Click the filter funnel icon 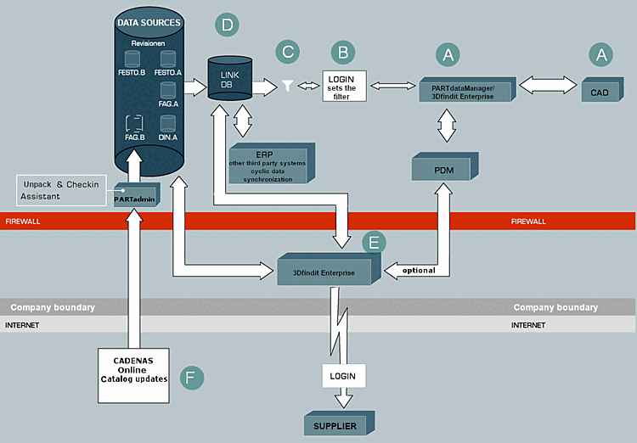point(287,86)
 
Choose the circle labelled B point(343,53)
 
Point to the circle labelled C point(288,52)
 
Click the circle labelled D point(226,25)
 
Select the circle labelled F point(194,376)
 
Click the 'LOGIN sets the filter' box point(344,86)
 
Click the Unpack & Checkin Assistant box point(62,190)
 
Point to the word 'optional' point(418,271)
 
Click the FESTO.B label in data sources point(132,73)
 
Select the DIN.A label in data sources point(167,136)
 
